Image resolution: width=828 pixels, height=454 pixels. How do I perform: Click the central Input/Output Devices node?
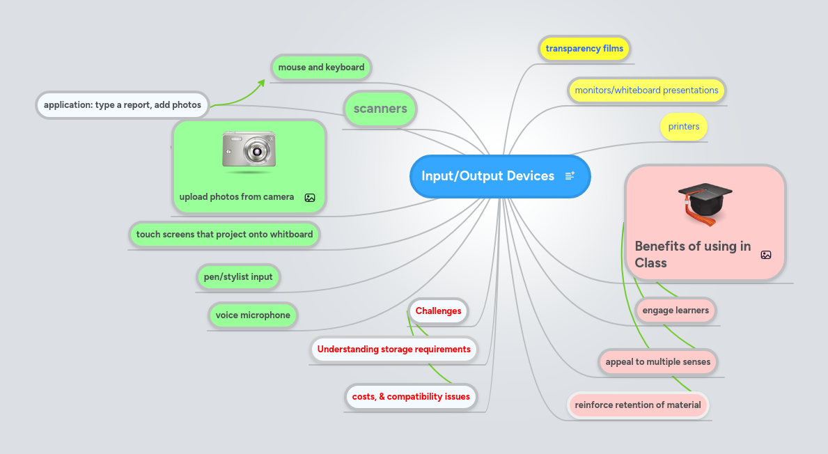pyautogui.click(x=487, y=176)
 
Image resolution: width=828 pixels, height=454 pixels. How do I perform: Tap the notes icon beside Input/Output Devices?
pyautogui.click(x=570, y=176)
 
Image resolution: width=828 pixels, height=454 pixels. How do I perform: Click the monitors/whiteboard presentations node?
pyautogui.click(x=646, y=91)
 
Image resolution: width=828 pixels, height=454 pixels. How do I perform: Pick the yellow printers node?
pyautogui.click(x=684, y=127)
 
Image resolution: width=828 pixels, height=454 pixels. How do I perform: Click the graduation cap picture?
pyautogui.click(x=705, y=203)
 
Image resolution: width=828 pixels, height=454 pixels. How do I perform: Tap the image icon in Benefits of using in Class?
pyautogui.click(x=766, y=255)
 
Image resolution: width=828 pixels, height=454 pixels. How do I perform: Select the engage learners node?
pyautogui.click(x=675, y=311)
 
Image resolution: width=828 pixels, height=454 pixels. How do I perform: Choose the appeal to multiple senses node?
pyautogui.click(x=658, y=362)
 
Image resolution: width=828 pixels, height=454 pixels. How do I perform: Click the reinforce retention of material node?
pyautogui.click(x=639, y=405)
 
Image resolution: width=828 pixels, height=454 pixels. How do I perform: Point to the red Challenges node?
pyautogui.click(x=439, y=311)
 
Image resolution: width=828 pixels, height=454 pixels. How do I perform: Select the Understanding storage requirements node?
pyautogui.click(x=394, y=350)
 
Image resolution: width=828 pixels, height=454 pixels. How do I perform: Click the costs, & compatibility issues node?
pyautogui.click(x=411, y=397)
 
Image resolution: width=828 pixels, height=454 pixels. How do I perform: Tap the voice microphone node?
pyautogui.click(x=253, y=315)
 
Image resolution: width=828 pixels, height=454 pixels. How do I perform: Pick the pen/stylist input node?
pyautogui.click(x=238, y=277)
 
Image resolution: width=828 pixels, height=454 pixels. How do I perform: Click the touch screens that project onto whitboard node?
pyautogui.click(x=224, y=235)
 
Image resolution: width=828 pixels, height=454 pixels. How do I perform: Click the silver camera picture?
pyautogui.click(x=249, y=150)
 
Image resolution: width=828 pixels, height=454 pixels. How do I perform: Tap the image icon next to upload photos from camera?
pyautogui.click(x=310, y=198)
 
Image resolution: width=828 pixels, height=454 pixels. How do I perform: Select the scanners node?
pyautogui.click(x=380, y=109)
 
